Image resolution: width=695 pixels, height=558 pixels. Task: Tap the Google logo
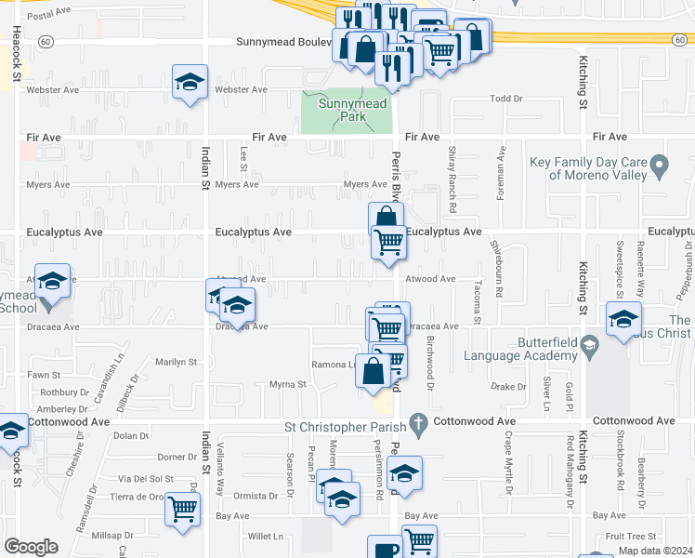pyautogui.click(x=31, y=546)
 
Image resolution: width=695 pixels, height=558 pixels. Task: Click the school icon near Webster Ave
pyautogui.click(x=190, y=82)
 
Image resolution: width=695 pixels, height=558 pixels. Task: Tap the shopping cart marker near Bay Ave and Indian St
pyautogui.click(x=183, y=508)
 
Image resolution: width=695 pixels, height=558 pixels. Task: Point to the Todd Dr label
pyautogui.click(x=506, y=98)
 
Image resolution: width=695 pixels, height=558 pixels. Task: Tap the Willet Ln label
pyautogui.click(x=265, y=537)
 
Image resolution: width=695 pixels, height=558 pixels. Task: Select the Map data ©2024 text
pyautogui.click(x=655, y=551)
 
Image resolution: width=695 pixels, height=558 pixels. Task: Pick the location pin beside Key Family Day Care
pyautogui.click(x=660, y=167)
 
